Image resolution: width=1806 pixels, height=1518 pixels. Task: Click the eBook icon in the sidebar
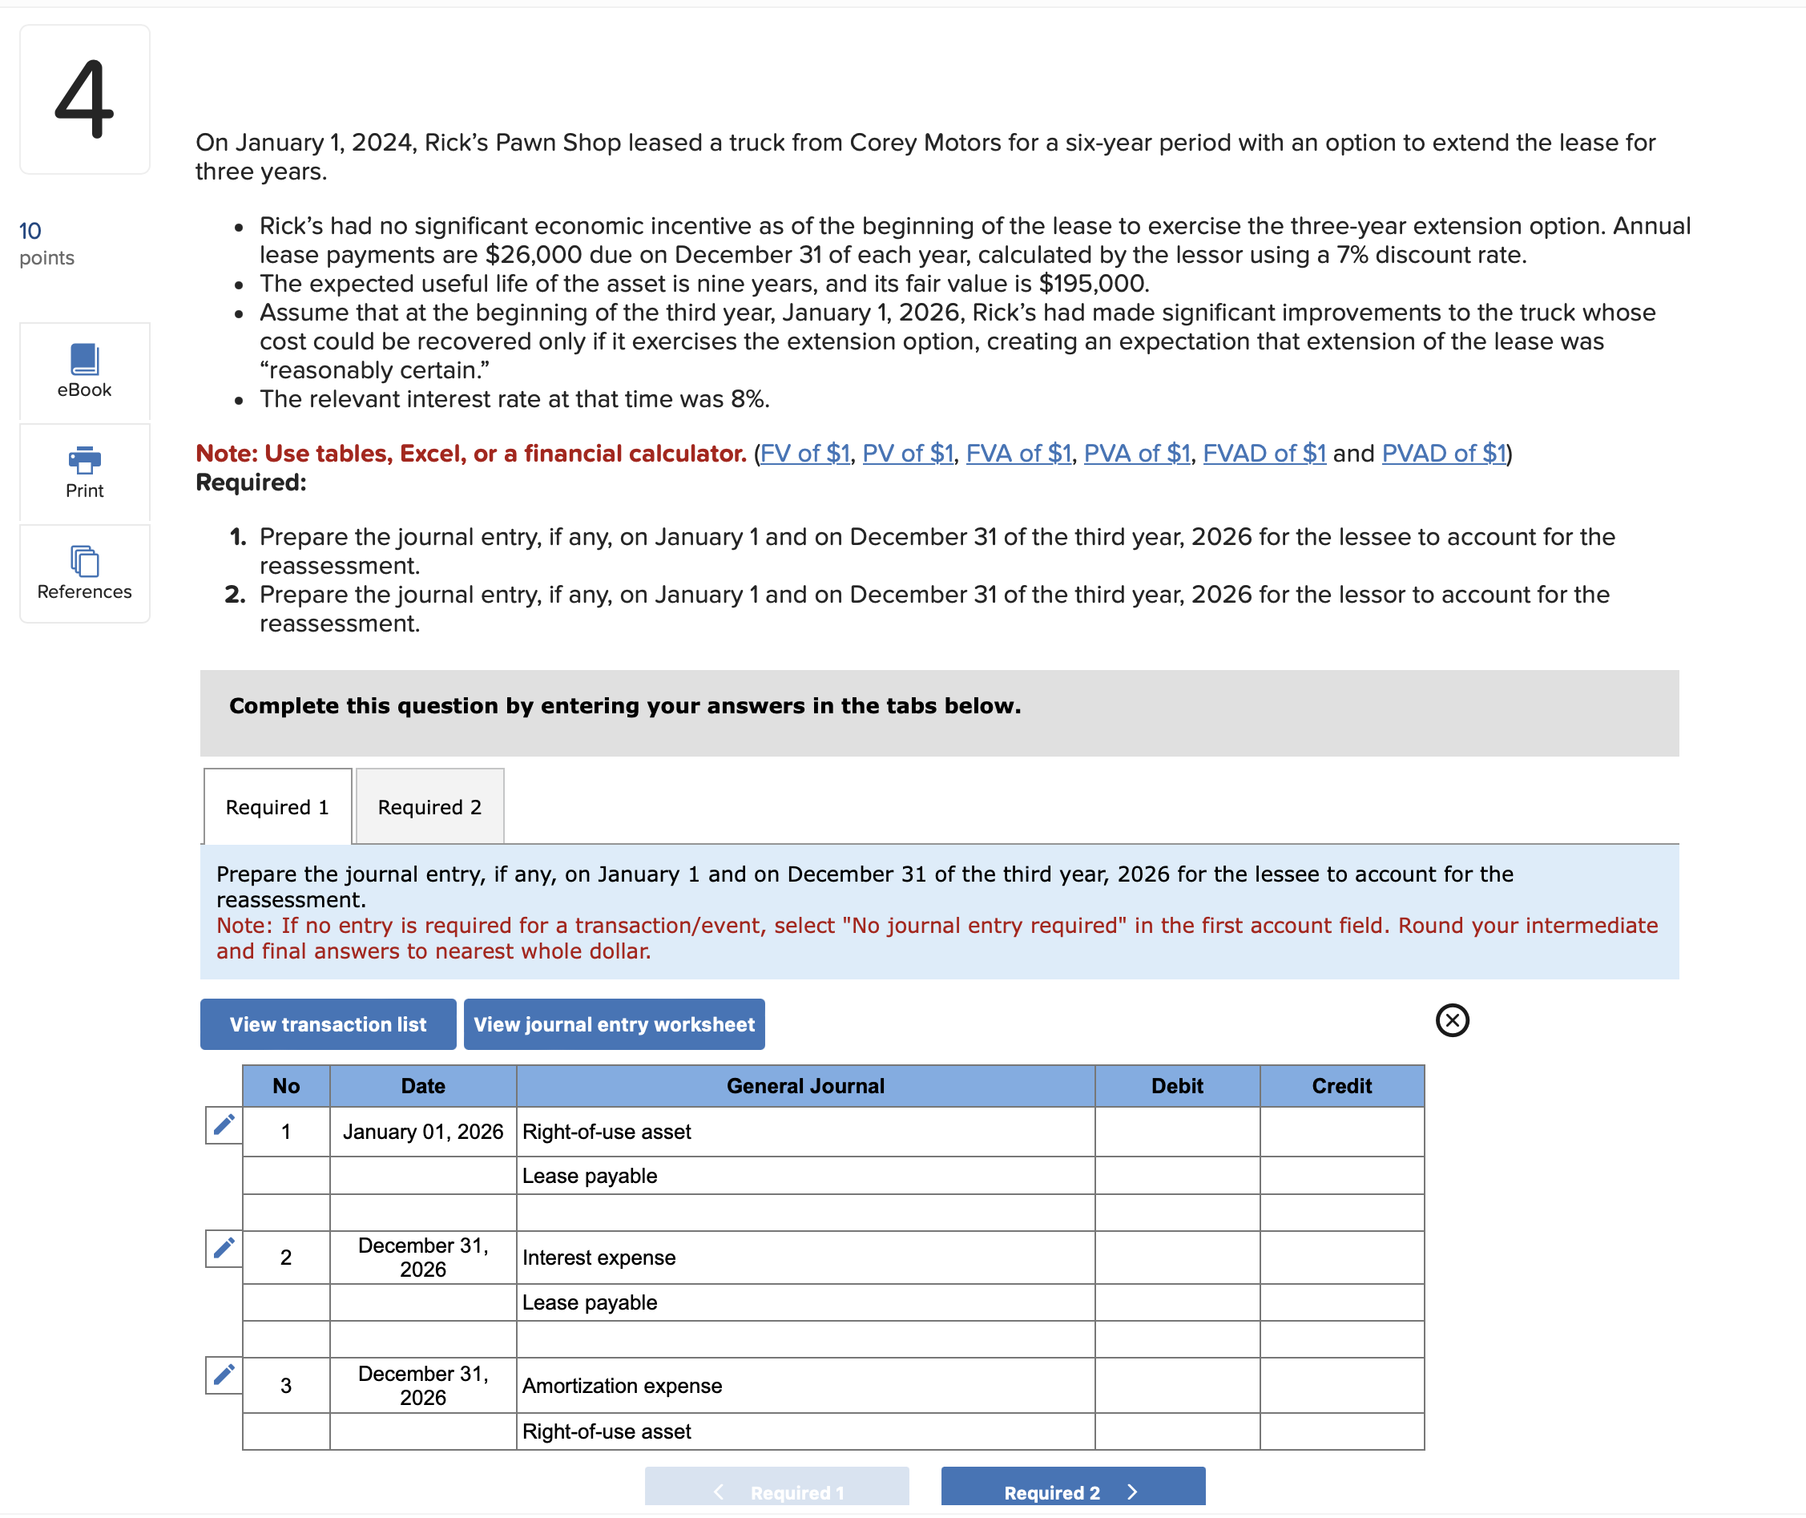(x=84, y=360)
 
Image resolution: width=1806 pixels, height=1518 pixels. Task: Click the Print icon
(x=84, y=462)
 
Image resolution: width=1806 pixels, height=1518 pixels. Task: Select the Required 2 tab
(x=429, y=807)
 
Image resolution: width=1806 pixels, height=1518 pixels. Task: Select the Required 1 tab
(x=277, y=807)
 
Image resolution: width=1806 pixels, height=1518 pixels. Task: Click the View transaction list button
(x=328, y=1024)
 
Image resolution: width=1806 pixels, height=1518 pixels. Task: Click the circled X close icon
(x=1452, y=1020)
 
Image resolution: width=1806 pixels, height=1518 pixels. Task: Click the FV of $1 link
(x=804, y=454)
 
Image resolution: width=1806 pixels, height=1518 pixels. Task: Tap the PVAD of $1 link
(x=1443, y=454)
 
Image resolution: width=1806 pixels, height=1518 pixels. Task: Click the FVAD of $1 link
(x=1263, y=454)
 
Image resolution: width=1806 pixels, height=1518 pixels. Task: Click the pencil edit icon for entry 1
(x=224, y=1124)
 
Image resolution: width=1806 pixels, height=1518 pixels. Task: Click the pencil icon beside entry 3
(x=224, y=1375)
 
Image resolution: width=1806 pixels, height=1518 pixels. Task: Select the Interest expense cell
(x=804, y=1258)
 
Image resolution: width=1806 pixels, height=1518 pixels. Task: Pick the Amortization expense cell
(x=804, y=1386)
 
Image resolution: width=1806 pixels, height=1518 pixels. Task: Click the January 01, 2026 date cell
(x=422, y=1132)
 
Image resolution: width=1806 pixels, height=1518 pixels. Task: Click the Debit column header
(x=1176, y=1086)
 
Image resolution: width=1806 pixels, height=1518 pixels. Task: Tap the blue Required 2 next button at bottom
(x=1072, y=1492)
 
